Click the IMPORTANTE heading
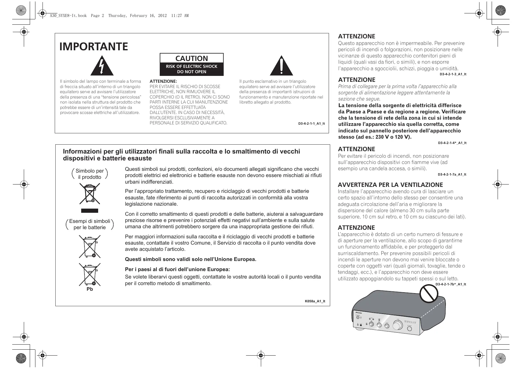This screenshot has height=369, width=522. (x=94, y=47)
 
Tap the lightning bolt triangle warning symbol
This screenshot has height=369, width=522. (x=102, y=66)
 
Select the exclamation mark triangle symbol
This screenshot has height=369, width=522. (x=281, y=66)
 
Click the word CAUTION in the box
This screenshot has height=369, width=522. (x=192, y=58)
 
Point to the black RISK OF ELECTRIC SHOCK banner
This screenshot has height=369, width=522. (x=192, y=69)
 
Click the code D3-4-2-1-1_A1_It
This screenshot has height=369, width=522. (x=311, y=123)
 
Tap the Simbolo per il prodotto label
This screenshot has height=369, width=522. (x=90, y=174)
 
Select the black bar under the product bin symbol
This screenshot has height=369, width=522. (x=90, y=211)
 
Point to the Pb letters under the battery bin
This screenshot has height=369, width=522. (x=90, y=289)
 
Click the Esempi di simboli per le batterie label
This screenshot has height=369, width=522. (x=90, y=224)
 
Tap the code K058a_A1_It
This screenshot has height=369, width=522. (x=315, y=301)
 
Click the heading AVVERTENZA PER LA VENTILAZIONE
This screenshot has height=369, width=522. (x=391, y=185)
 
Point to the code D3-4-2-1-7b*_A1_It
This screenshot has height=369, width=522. (x=451, y=284)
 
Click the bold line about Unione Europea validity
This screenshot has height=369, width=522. (x=191, y=259)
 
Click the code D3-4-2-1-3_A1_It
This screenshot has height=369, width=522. (x=453, y=74)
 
